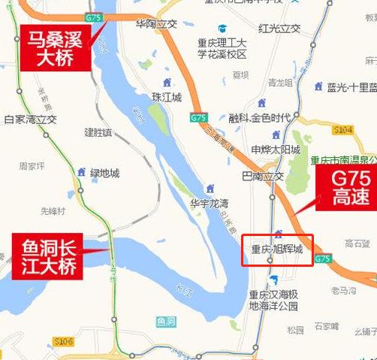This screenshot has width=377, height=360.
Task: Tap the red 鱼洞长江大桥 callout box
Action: coord(45,253)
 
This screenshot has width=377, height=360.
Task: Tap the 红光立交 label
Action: coord(279,29)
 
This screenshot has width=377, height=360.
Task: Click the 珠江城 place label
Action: coord(167,98)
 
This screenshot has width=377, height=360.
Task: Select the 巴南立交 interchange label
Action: coord(264,177)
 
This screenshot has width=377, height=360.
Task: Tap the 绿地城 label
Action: coord(104,174)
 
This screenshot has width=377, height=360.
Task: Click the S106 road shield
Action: coord(65,342)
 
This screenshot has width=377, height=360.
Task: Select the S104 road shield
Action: coord(342,130)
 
